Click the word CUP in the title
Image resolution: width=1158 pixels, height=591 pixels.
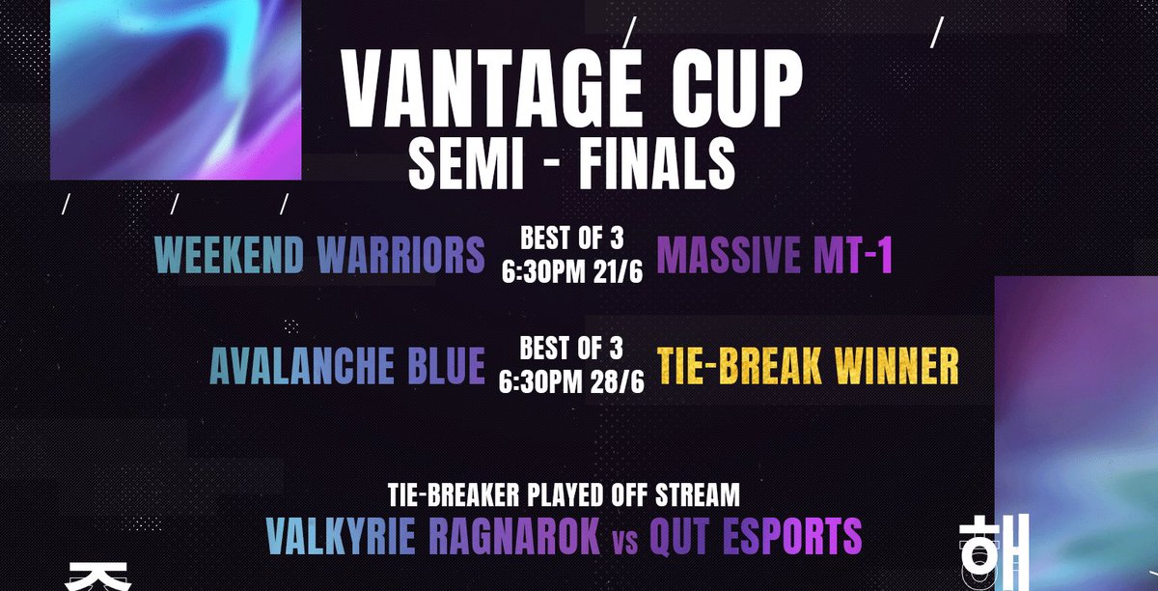(732, 92)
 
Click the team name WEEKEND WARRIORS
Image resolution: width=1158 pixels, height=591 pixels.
(320, 255)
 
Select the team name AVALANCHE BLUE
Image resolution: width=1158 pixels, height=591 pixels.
(347, 366)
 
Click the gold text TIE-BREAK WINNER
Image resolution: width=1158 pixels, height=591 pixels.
(809, 366)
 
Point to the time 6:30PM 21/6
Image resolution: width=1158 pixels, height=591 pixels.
(571, 271)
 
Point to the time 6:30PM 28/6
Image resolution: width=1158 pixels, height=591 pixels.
(571, 382)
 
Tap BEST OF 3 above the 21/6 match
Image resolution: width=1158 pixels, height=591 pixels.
(571, 238)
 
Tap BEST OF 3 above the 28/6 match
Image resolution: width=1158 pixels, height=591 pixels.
(571, 348)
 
